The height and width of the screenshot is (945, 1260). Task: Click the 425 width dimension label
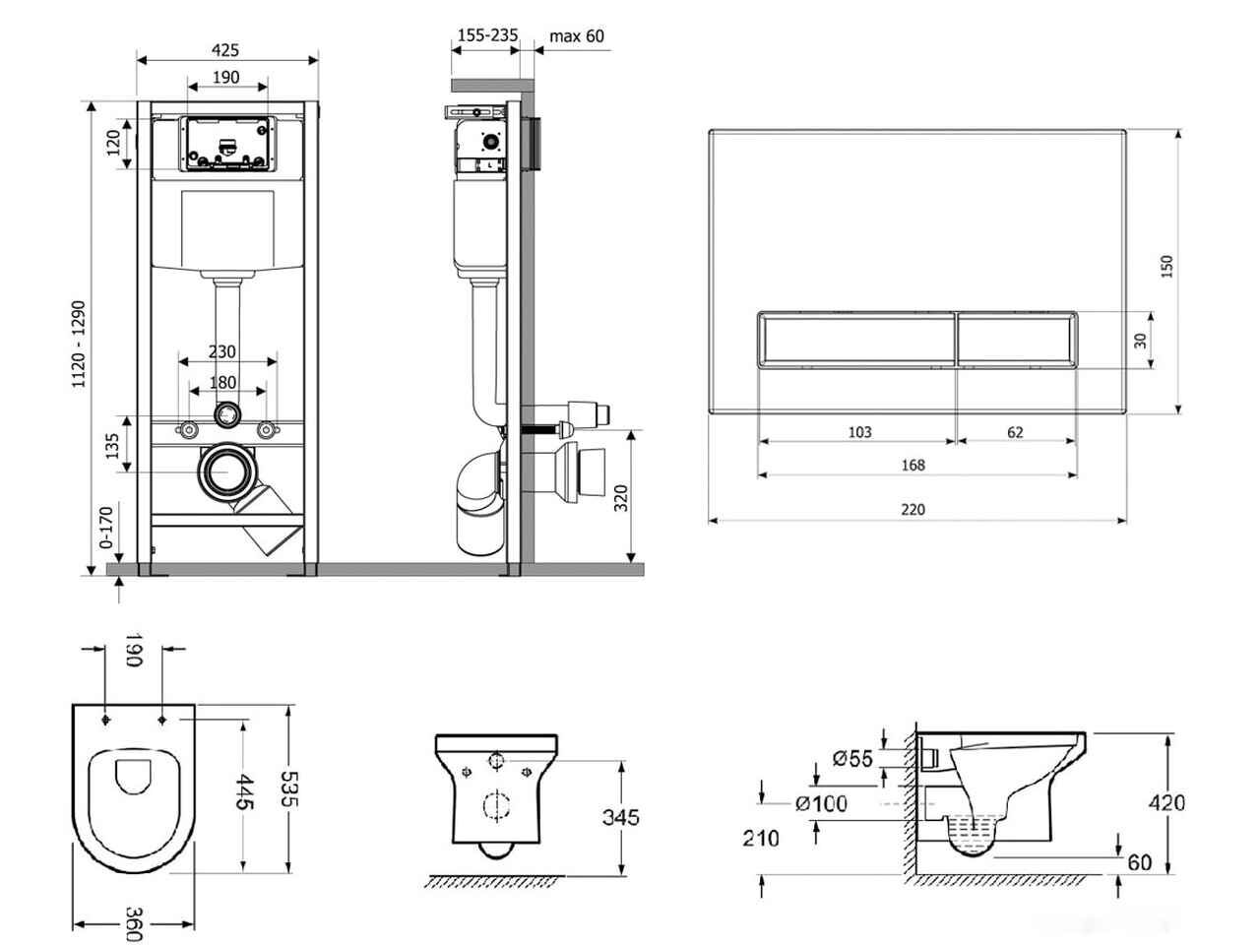tap(225, 50)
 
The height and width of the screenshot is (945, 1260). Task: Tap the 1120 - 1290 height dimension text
tap(78, 344)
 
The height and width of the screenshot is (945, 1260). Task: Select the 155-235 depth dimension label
tap(487, 35)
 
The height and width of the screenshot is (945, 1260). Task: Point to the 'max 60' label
tap(576, 36)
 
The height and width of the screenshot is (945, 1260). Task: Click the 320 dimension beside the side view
tap(621, 498)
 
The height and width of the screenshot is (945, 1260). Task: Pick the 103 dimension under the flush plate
tap(859, 432)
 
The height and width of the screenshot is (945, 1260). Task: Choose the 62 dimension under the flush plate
tap(1015, 432)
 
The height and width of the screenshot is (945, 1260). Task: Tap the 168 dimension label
tap(913, 465)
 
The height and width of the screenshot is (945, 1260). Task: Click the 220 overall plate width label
tap(913, 509)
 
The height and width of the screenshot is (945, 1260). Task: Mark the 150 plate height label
tap(1167, 267)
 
